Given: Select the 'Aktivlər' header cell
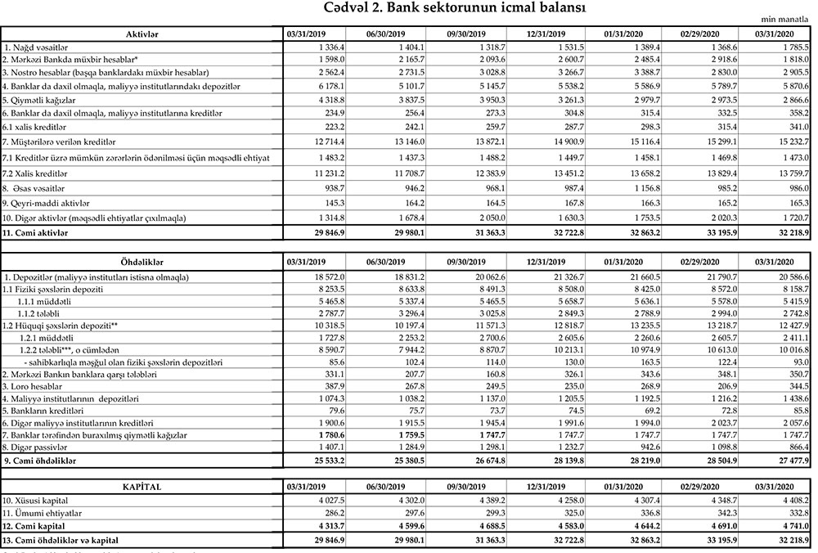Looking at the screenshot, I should pyautogui.click(x=142, y=34).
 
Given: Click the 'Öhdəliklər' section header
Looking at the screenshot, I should pyautogui.click(x=142, y=261).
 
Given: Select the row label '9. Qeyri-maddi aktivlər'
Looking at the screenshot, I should pyautogui.click(x=47, y=201).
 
